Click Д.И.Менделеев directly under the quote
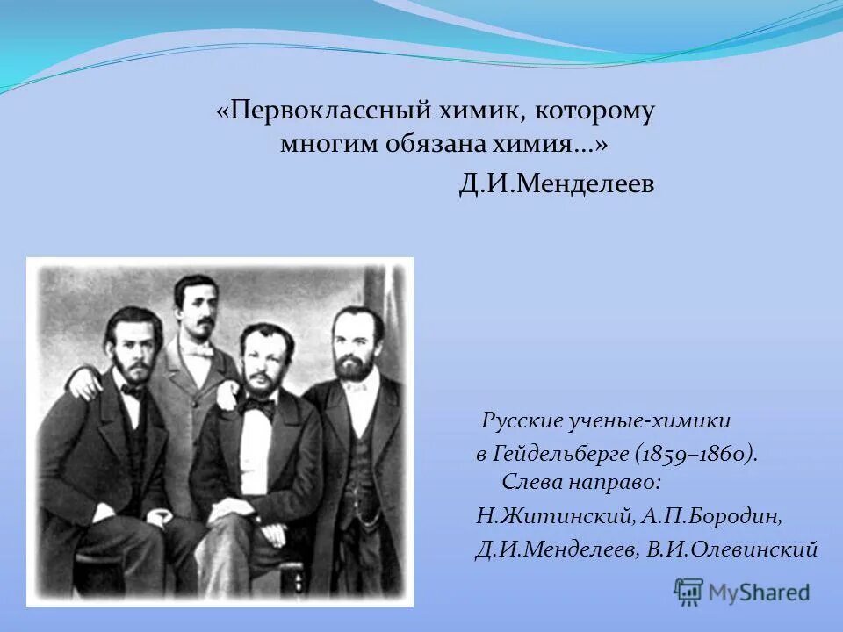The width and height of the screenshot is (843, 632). click(556, 186)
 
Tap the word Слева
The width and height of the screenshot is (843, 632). click(530, 483)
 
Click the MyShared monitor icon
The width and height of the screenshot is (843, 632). click(689, 591)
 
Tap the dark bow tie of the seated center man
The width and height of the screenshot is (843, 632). click(259, 406)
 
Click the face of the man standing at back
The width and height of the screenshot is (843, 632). click(196, 307)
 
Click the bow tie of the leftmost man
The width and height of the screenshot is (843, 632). click(132, 390)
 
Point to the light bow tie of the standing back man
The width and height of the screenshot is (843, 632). click(199, 349)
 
